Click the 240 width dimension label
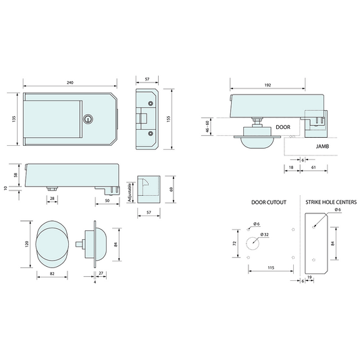tap(70, 82)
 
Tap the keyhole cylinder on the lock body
tap(88, 119)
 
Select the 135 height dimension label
tap(14, 119)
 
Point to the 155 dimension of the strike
tap(169, 119)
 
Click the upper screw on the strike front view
tap(151, 103)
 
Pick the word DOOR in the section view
tap(283, 127)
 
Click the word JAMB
tap(322, 147)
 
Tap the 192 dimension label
tap(267, 85)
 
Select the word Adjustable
tap(130, 192)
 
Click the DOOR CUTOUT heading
tap(269, 202)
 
